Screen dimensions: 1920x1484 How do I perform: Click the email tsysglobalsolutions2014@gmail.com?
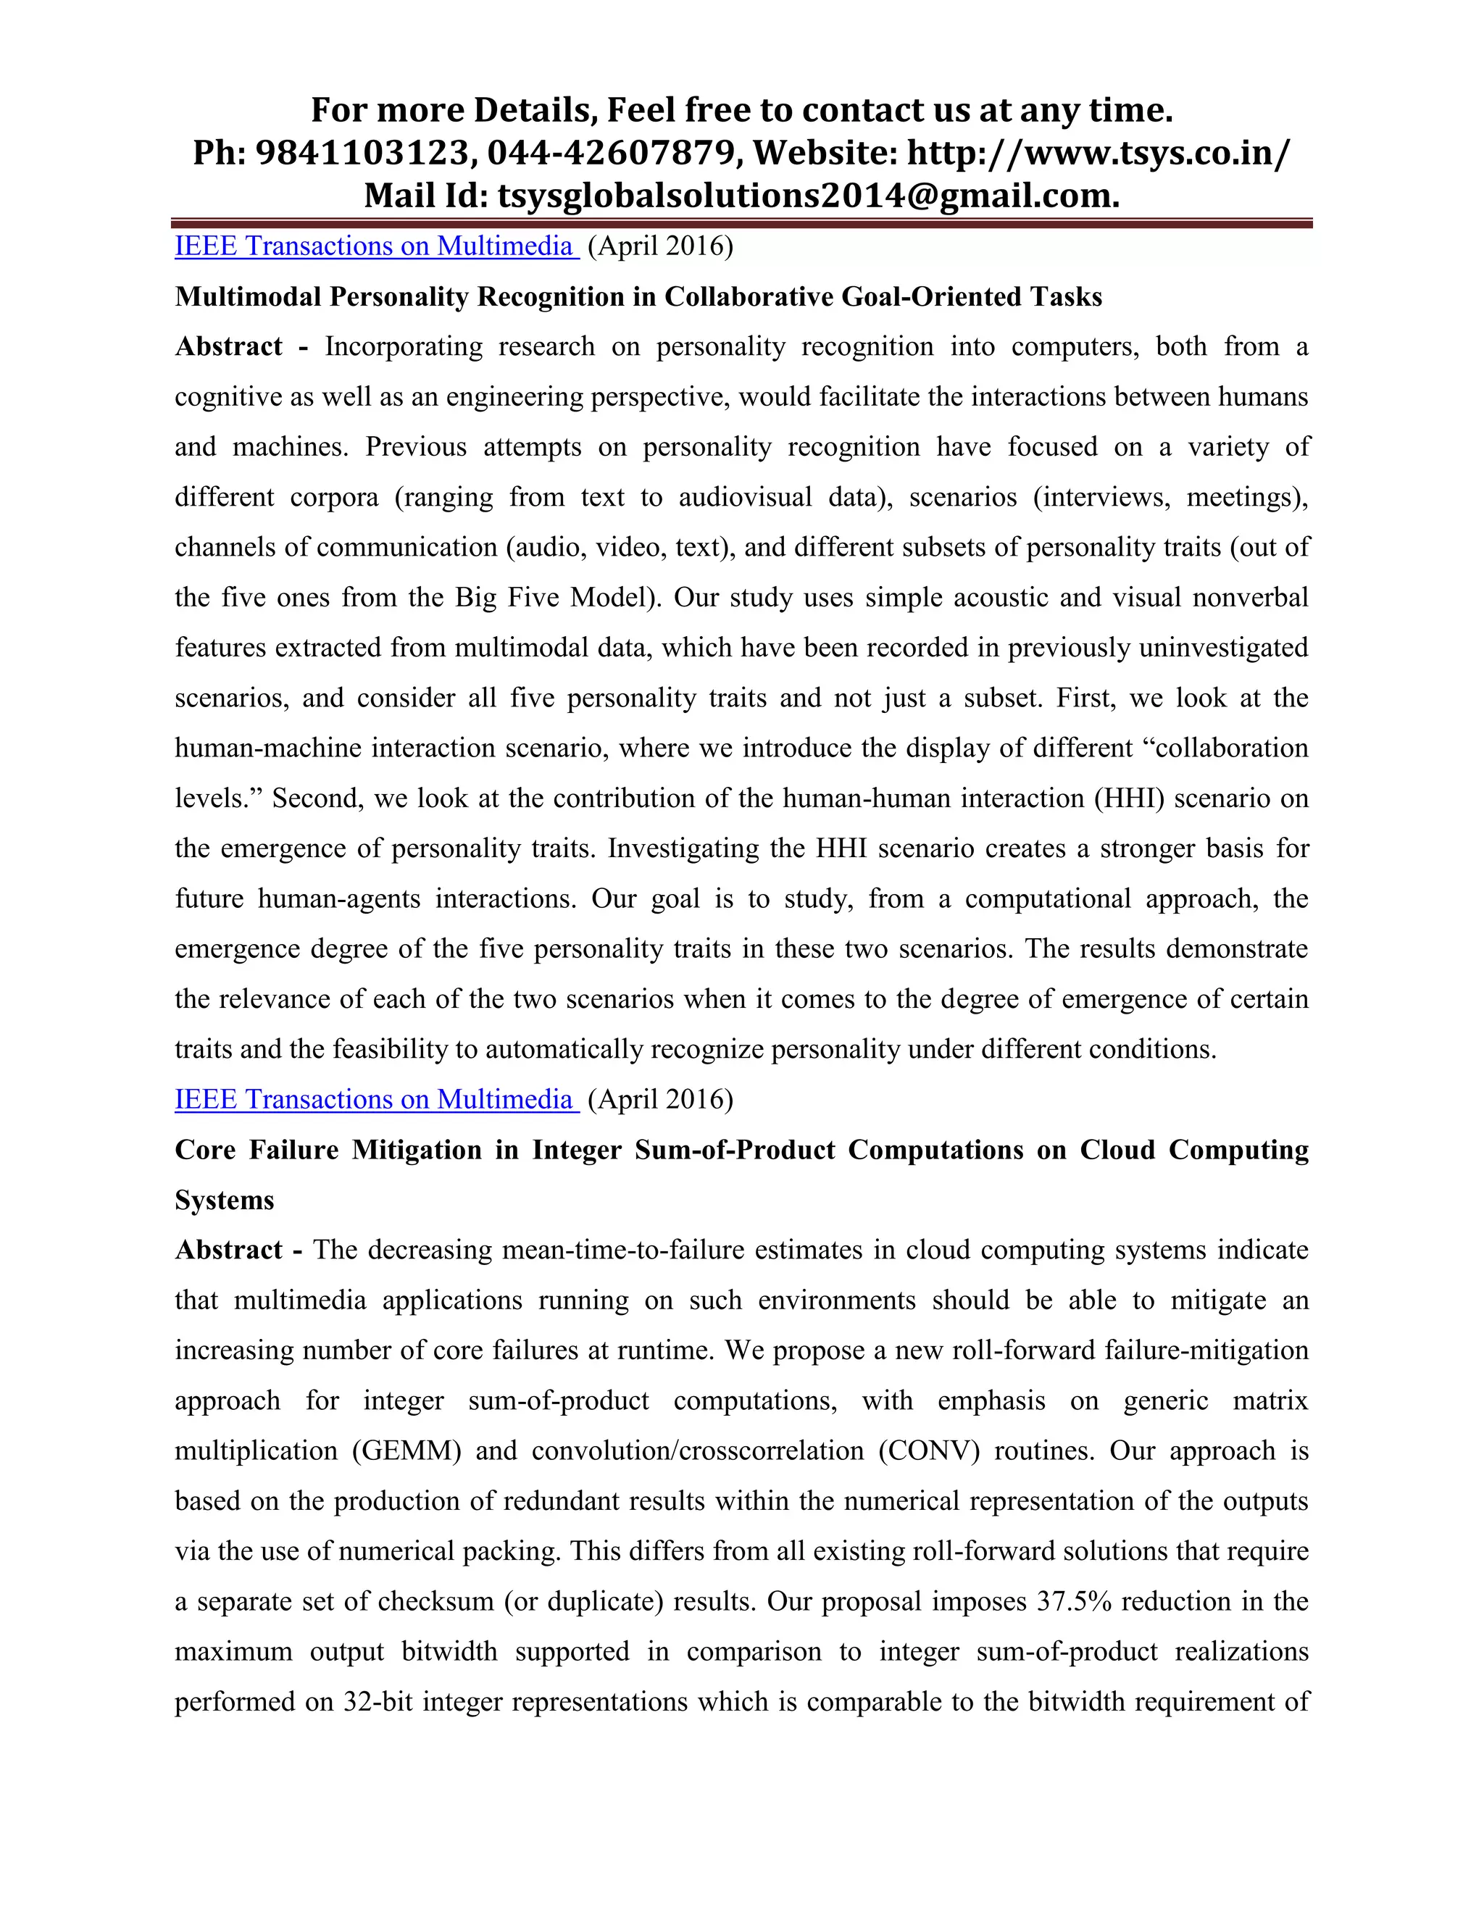tap(808, 195)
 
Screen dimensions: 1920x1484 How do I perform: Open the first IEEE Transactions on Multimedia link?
tap(376, 246)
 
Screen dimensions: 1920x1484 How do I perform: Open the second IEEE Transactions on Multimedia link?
tap(376, 1100)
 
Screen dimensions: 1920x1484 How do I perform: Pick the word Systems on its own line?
tap(224, 1200)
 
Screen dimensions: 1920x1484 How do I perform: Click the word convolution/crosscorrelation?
tap(697, 1451)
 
